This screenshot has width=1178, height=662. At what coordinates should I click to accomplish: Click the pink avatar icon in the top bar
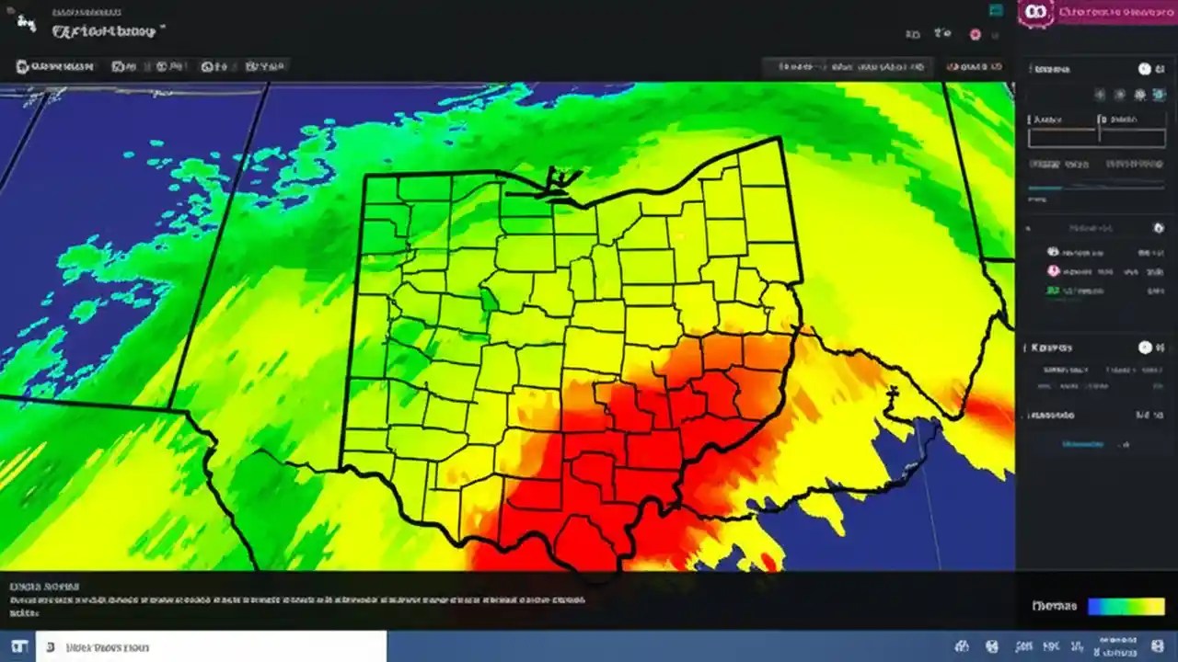click(1035, 12)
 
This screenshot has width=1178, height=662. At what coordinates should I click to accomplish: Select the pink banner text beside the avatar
click(1113, 12)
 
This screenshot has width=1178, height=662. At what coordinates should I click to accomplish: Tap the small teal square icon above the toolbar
click(995, 10)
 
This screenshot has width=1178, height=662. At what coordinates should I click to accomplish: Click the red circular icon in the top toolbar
click(976, 34)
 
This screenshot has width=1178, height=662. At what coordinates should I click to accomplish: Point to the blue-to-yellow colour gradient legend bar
click(1126, 607)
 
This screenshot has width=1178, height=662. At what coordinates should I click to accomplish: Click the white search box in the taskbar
click(211, 646)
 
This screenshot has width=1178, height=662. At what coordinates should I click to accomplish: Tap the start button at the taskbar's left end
click(17, 646)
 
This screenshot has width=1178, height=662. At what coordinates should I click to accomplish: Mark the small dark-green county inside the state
click(489, 300)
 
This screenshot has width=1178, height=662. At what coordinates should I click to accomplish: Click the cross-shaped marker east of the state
click(891, 394)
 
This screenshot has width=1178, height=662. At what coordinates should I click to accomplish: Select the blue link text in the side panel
click(1082, 444)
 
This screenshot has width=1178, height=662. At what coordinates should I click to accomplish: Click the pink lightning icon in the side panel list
click(1053, 271)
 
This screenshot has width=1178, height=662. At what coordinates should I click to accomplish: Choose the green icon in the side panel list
click(1052, 291)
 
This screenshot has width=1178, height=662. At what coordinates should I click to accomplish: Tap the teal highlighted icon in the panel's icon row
click(1140, 95)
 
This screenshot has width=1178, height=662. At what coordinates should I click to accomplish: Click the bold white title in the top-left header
click(107, 30)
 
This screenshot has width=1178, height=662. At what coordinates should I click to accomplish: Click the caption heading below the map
click(44, 586)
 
